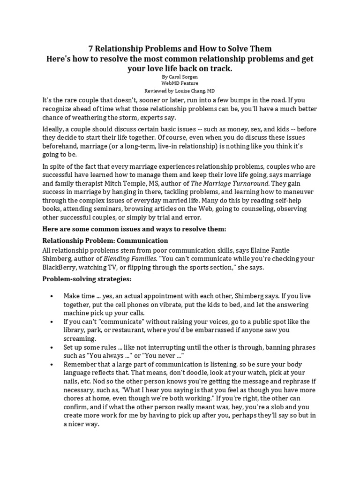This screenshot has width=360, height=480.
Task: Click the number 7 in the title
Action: pyautogui.click(x=91, y=49)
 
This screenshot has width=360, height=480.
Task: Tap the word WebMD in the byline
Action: pyautogui.click(x=168, y=83)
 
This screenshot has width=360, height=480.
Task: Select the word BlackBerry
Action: pyautogui.click(x=61, y=268)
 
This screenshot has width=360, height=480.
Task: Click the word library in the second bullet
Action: pyautogui.click(x=75, y=330)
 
